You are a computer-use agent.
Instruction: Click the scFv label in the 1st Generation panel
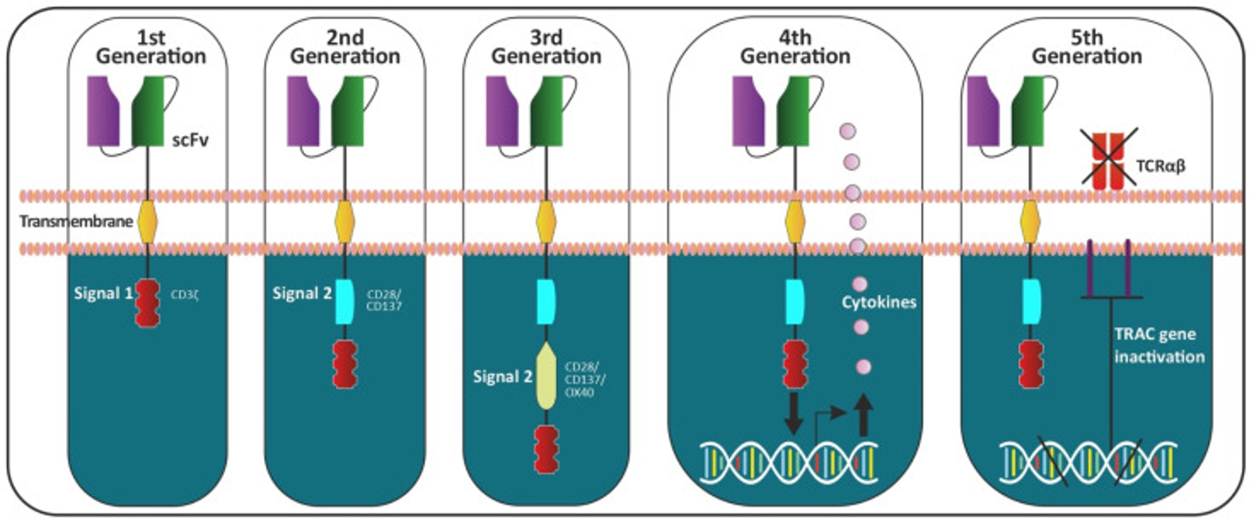click(190, 140)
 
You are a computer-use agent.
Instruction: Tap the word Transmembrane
click(76, 222)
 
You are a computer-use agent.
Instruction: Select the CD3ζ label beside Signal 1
click(185, 295)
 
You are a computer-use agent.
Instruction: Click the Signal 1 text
click(103, 293)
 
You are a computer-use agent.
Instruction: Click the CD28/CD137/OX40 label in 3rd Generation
click(585, 379)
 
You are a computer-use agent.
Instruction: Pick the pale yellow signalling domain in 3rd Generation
click(546, 375)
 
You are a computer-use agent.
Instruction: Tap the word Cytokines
click(879, 302)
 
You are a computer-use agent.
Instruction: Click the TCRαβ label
click(1161, 167)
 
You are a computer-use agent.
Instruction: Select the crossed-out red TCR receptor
click(1108, 161)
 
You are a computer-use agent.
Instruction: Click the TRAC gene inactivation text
click(1158, 345)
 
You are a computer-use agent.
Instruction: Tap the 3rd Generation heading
click(546, 47)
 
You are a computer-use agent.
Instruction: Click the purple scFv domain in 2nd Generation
click(302, 111)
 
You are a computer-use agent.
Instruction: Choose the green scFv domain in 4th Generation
click(793, 111)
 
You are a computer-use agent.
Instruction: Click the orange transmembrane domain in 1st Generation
click(148, 222)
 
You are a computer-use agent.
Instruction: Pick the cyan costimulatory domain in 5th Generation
click(1031, 302)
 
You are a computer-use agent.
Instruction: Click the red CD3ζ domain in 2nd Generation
click(345, 364)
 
